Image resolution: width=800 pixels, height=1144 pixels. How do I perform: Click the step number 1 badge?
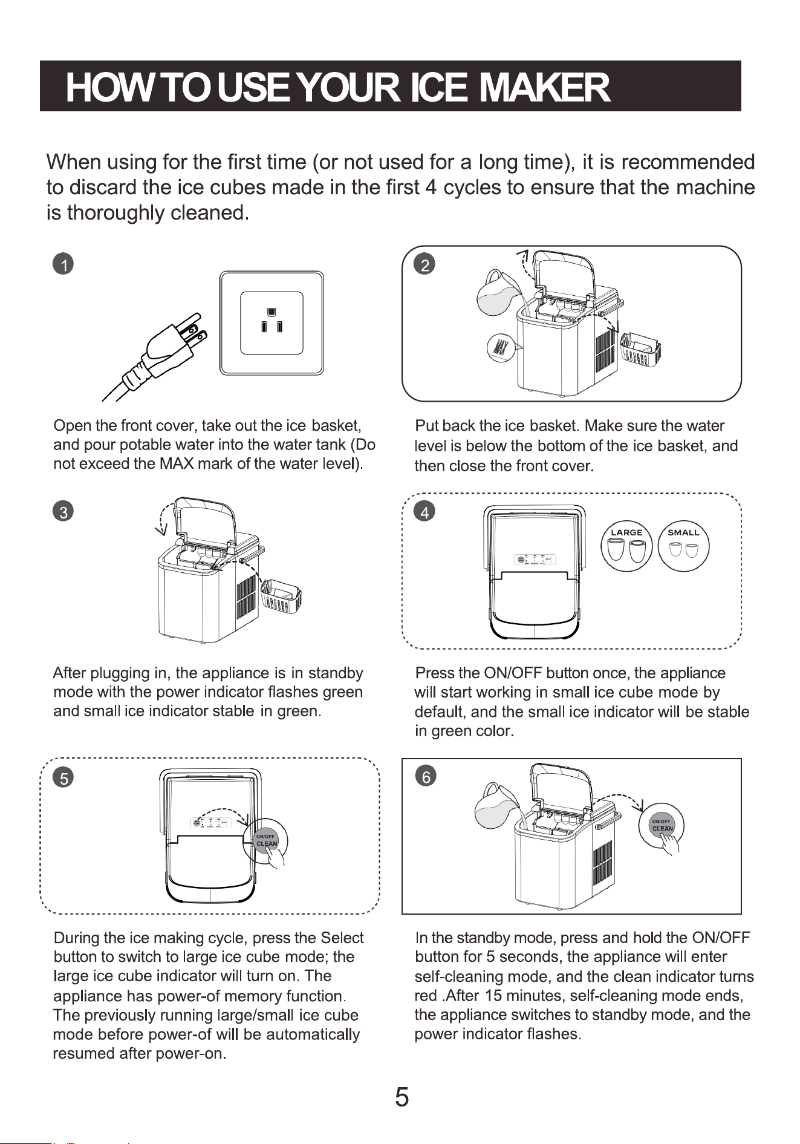click(x=63, y=264)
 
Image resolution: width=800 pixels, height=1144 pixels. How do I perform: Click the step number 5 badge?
click(x=63, y=777)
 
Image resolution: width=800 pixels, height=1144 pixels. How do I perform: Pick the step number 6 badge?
click(x=426, y=777)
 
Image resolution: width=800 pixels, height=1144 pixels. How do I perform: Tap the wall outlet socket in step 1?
click(x=272, y=323)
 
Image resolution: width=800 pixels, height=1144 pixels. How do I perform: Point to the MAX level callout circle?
click(x=501, y=347)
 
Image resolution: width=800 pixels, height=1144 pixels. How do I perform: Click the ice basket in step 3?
click(x=281, y=596)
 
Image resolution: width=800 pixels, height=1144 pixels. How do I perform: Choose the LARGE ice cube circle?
click(x=626, y=546)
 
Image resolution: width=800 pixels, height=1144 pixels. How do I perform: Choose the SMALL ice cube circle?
click(x=683, y=546)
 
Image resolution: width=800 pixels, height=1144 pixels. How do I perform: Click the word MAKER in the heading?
click(x=544, y=87)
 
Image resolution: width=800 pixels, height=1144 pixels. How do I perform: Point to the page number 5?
click(x=402, y=1097)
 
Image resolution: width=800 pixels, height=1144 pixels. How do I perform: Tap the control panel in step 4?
click(x=535, y=560)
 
